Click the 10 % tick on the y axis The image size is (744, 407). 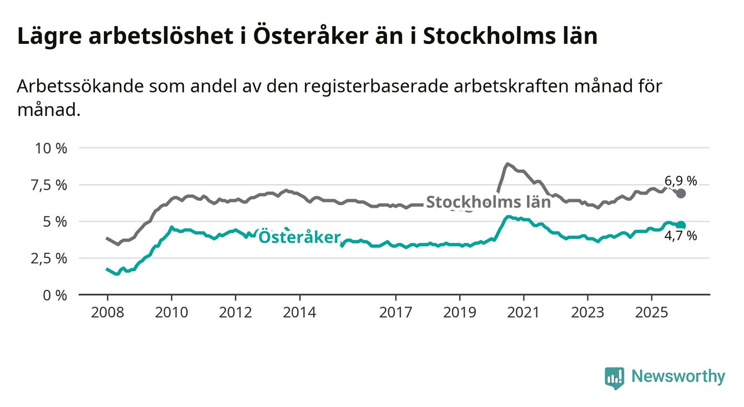51,149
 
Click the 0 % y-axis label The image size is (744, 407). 55,295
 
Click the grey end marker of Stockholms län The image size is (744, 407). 681,194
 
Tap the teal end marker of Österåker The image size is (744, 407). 681,225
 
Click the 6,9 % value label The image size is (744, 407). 680,181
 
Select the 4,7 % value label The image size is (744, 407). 680,236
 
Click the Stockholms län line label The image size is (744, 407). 488,202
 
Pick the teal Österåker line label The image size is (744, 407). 299,237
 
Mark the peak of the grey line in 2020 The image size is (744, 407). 507,164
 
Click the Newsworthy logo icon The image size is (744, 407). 614,378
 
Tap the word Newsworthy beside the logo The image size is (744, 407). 678,377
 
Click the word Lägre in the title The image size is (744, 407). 46,37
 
